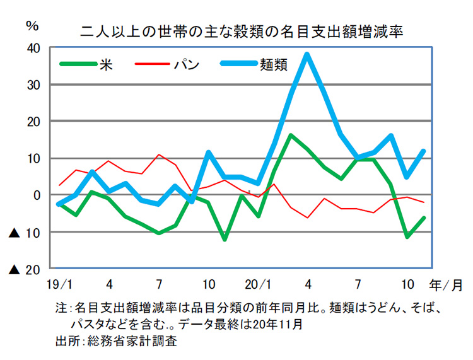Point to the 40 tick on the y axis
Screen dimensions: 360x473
click(33, 48)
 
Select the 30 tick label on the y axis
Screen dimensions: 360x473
click(33, 84)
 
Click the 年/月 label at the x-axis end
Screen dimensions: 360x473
click(448, 284)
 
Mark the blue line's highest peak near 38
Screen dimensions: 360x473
click(307, 54)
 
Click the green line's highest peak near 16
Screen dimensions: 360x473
click(290, 135)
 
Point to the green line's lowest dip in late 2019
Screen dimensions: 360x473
click(225, 239)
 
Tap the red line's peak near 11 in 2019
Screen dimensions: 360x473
click(159, 154)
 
